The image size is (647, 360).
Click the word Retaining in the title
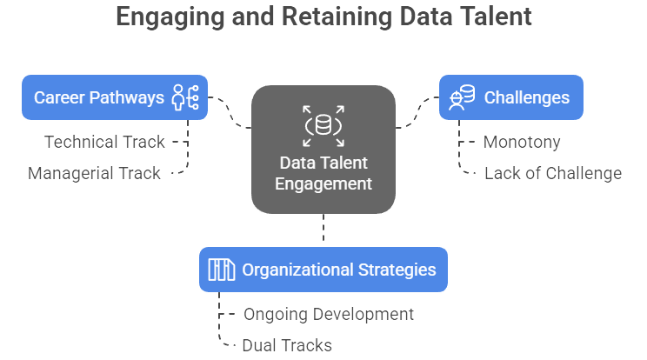(x=337, y=17)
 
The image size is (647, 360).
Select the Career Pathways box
(x=115, y=97)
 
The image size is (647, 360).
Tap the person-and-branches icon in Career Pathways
(x=186, y=97)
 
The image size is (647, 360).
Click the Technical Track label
(x=104, y=142)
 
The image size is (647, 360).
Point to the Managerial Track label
(x=94, y=173)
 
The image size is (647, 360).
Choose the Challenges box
(x=511, y=97)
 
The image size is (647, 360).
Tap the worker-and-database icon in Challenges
(x=462, y=97)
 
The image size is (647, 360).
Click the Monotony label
(x=522, y=142)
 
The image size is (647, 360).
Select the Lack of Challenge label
(x=553, y=173)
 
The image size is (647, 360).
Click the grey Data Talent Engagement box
(x=323, y=150)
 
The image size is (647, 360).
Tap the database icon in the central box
(x=323, y=126)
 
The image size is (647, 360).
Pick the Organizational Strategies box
(x=323, y=270)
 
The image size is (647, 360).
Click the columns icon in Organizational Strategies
(x=222, y=270)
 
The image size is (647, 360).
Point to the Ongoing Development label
(x=329, y=314)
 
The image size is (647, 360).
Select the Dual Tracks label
(x=287, y=345)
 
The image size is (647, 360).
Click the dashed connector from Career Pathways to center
(x=230, y=112)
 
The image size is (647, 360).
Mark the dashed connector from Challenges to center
(x=417, y=112)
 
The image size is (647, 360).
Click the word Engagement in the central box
(x=323, y=184)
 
